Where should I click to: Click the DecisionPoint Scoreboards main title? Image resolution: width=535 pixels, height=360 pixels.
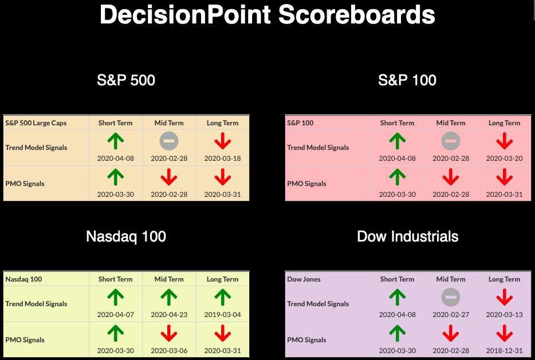267,15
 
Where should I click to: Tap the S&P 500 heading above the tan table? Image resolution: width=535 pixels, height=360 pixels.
126,80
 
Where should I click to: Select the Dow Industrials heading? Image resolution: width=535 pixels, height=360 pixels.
407,236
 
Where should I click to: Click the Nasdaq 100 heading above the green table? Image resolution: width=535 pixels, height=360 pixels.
126,236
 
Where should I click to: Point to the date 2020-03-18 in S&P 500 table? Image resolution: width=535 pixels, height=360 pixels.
222,158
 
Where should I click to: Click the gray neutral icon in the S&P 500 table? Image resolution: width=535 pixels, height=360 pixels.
169,141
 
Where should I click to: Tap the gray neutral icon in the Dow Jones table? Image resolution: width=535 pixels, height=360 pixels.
451,297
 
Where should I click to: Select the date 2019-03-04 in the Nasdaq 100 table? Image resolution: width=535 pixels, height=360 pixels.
222,314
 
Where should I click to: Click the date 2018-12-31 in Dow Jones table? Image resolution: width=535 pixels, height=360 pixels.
504,350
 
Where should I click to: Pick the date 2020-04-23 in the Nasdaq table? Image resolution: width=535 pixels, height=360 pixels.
169,314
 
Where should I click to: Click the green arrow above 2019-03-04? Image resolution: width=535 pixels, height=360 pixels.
222,297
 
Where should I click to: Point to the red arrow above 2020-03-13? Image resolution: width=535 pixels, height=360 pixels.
504,297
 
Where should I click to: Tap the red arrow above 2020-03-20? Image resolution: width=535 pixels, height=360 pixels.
504,141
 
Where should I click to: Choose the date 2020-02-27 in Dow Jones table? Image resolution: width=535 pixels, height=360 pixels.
451,314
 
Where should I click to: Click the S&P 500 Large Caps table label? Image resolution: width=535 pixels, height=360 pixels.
36,123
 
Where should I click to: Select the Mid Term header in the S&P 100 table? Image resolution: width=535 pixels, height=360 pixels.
451,123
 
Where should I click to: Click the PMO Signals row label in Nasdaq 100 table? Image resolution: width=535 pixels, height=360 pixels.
25,340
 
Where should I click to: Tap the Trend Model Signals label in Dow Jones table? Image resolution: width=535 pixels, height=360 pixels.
318,304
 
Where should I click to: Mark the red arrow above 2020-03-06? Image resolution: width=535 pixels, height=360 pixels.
169,333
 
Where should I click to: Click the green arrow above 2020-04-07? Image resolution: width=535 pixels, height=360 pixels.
115,297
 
